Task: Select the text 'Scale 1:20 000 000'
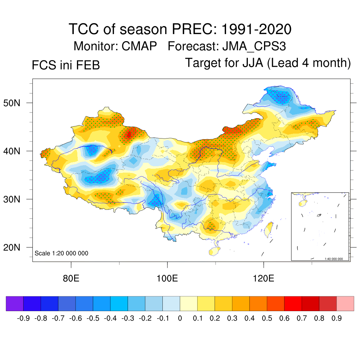tap(62, 253)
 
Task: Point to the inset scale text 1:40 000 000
tap(336, 259)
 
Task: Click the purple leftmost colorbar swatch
tap(15, 303)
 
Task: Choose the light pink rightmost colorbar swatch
tap(345, 303)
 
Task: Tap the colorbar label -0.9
tap(23, 319)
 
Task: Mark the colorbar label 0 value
tap(180, 319)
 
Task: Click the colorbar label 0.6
tap(284, 319)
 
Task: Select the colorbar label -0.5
tap(93, 319)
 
